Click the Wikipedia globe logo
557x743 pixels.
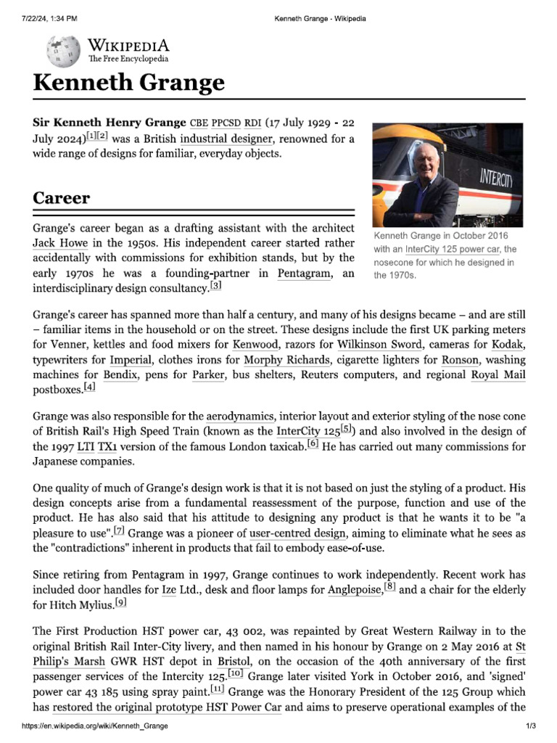(63, 52)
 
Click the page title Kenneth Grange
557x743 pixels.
(128, 83)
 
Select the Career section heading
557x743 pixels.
(62, 197)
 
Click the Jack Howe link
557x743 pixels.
(60, 243)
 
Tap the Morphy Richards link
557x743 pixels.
(283, 359)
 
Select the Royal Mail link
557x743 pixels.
(498, 375)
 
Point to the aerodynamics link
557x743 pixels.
(240, 416)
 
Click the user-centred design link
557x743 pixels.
(297, 534)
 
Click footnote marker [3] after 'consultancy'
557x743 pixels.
(215, 287)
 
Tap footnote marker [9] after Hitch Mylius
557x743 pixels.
(120, 602)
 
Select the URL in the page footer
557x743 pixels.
(95, 726)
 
